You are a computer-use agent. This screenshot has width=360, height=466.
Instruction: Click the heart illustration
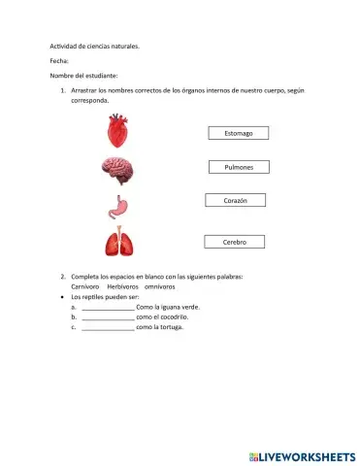(118, 128)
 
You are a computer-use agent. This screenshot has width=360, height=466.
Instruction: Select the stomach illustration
(117, 206)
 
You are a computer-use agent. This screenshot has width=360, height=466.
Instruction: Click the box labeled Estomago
(239, 133)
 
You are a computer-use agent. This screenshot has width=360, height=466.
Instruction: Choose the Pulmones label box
(239, 167)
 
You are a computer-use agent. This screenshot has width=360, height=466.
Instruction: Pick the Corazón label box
(236, 200)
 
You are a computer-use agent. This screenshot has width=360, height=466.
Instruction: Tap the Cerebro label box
(235, 242)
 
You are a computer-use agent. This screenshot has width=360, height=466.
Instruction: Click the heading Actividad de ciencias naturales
(94, 45)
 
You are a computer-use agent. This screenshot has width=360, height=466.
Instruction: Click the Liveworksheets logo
(302, 455)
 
